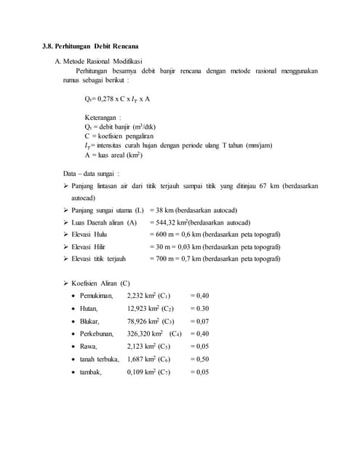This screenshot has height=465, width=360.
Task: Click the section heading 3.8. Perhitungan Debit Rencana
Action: click(90, 47)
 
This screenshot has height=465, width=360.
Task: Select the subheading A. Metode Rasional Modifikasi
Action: click(103, 61)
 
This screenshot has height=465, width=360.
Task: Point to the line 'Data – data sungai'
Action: click(91, 173)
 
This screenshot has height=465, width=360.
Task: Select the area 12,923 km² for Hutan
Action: click(144, 308)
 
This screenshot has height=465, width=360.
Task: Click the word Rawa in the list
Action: click(89, 346)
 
